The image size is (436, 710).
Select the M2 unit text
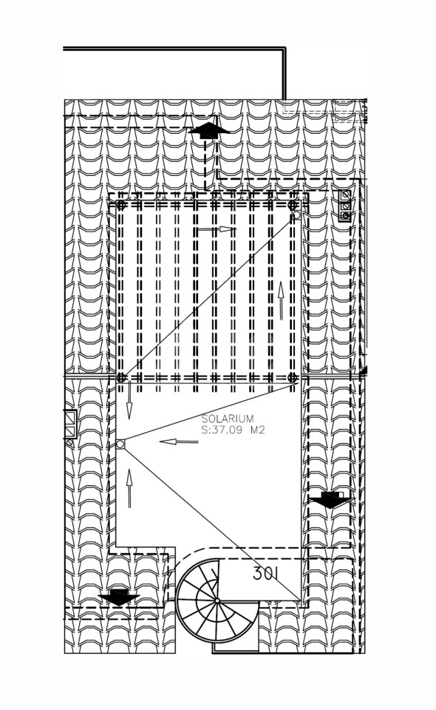pyautogui.click(x=257, y=430)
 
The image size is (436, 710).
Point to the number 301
pyautogui.click(x=265, y=574)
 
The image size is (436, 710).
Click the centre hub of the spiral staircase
pyautogui.click(x=217, y=601)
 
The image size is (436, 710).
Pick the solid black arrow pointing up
pyautogui.click(x=208, y=130)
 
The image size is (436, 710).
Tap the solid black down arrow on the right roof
pyautogui.click(x=331, y=500)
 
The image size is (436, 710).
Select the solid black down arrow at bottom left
pyautogui.click(x=119, y=597)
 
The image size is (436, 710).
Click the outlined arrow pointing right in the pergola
pyautogui.click(x=217, y=229)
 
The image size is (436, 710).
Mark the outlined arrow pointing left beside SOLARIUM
pyautogui.click(x=179, y=441)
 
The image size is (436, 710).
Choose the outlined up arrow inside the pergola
pyautogui.click(x=282, y=301)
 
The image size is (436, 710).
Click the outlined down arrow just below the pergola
pyautogui.click(x=129, y=400)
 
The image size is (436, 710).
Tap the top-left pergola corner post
pyautogui.click(x=120, y=205)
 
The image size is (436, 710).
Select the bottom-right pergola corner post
pyautogui.click(x=293, y=378)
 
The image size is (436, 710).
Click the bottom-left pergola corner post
pyautogui.click(x=120, y=378)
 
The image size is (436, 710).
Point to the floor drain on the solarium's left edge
pyautogui.click(x=120, y=444)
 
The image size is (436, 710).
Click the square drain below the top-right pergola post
pyautogui.click(x=296, y=215)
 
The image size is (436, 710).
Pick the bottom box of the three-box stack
pyautogui.click(x=346, y=216)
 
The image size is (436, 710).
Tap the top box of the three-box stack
pyautogui.click(x=346, y=195)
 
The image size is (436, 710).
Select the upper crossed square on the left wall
pyautogui.click(x=70, y=416)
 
